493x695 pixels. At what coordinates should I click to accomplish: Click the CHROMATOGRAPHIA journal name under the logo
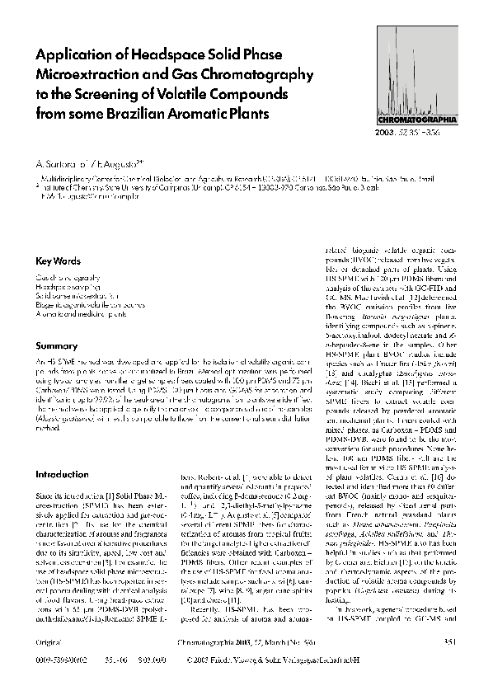pos(410,120)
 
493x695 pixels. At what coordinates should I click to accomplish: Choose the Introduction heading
pos(63,475)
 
